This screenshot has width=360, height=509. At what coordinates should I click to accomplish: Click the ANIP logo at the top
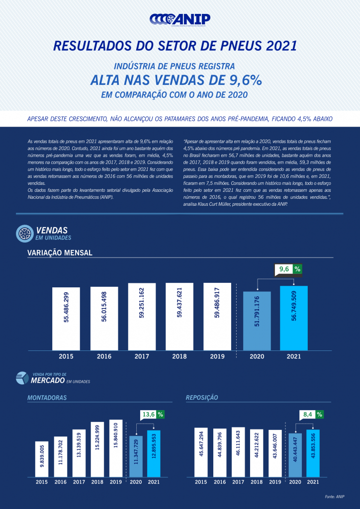(x=180, y=19)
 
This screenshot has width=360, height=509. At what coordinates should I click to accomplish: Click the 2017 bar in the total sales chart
(x=142, y=316)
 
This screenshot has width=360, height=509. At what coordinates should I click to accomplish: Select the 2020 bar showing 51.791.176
(x=257, y=321)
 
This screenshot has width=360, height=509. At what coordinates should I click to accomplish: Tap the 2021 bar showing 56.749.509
(x=293, y=318)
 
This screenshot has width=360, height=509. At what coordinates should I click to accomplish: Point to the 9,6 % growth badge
(x=289, y=269)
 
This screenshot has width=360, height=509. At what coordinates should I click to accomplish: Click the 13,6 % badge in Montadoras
(x=153, y=414)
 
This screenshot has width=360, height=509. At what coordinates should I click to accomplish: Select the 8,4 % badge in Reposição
(x=313, y=414)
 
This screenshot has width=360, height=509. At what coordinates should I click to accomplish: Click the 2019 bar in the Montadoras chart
(x=116, y=448)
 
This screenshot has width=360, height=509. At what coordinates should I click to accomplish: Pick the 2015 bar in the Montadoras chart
(x=42, y=459)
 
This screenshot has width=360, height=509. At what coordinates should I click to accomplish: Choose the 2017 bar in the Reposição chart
(x=238, y=452)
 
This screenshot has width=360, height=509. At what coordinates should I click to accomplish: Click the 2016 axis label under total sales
(x=104, y=356)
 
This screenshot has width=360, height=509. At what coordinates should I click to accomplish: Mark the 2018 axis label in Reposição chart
(x=257, y=482)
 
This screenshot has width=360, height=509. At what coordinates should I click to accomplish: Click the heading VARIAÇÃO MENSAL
(x=60, y=253)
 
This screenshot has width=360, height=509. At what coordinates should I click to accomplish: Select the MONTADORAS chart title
(x=47, y=398)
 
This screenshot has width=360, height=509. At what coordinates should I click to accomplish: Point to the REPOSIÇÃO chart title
(x=202, y=398)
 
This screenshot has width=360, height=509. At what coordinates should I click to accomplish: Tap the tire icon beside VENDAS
(x=25, y=233)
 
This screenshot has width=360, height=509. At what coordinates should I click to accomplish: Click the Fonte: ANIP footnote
(x=335, y=497)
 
